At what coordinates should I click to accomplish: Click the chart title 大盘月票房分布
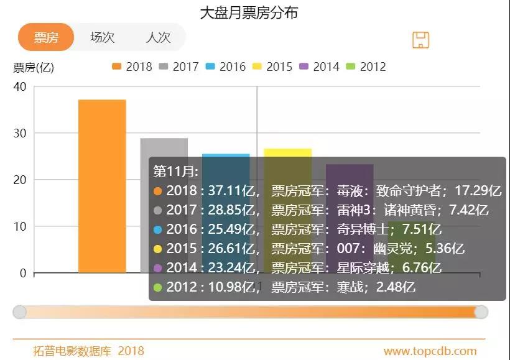[249, 13]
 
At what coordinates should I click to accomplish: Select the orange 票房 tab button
[46, 37]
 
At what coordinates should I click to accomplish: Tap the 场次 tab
[102, 37]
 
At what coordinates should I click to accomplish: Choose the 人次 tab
[158, 37]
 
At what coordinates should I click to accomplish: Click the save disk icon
[421, 40]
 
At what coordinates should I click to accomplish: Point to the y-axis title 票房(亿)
[34, 68]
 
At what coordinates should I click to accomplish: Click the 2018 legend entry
[132, 67]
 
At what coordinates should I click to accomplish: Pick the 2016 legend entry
[225, 67]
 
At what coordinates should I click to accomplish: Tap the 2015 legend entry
[272, 67]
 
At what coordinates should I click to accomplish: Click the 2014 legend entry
[319, 67]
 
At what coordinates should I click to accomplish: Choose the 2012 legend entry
[366, 67]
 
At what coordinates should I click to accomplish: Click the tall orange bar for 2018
[102, 187]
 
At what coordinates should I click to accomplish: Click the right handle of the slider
[481, 312]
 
